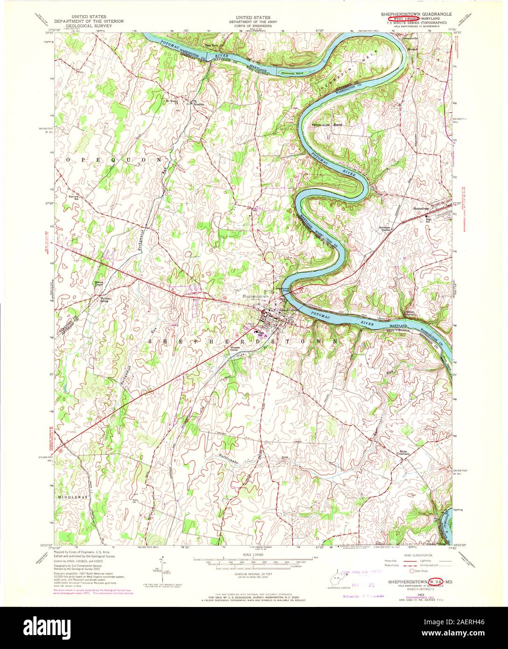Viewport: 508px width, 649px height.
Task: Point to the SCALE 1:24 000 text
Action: pos(254,554)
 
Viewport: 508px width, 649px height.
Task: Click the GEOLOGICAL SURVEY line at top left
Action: pos(80,28)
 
